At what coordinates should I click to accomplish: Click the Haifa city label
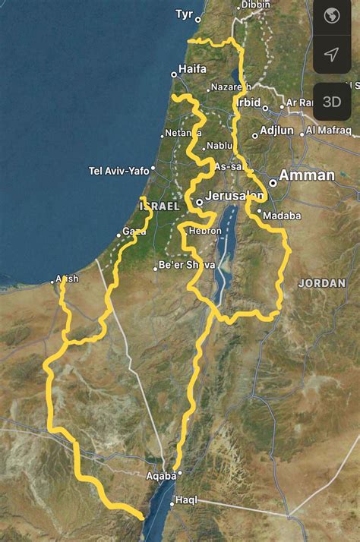pyautogui.click(x=192, y=68)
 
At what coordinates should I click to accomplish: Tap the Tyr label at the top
pyautogui.click(x=184, y=14)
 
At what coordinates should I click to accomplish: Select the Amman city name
pyautogui.click(x=307, y=175)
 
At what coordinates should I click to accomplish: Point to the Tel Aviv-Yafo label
pyautogui.click(x=118, y=171)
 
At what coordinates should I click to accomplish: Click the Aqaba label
pyautogui.click(x=161, y=476)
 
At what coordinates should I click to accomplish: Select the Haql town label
pyautogui.click(x=186, y=500)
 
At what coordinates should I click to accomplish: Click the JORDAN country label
pyautogui.click(x=322, y=282)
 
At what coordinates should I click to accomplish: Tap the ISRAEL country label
pyautogui.click(x=159, y=206)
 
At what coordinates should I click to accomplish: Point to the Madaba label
pyautogui.click(x=282, y=216)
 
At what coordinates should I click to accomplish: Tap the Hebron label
pyautogui.click(x=205, y=231)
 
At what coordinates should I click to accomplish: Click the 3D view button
pyautogui.click(x=332, y=102)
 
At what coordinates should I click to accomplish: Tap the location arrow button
pyautogui.click(x=332, y=54)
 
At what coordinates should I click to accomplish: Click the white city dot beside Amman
pyautogui.click(x=273, y=183)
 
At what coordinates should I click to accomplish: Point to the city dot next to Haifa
pyautogui.click(x=174, y=74)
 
